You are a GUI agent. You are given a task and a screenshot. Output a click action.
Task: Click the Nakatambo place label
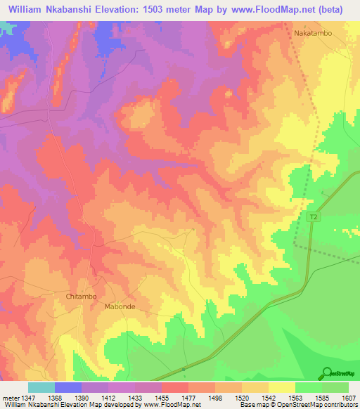[x=312, y=33]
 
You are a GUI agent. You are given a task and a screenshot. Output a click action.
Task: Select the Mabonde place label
[x=119, y=307]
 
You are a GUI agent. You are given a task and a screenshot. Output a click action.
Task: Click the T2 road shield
[x=314, y=219]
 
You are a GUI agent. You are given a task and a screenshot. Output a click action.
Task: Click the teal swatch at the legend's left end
[x=41, y=387]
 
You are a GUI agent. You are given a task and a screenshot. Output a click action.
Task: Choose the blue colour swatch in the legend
[x=68, y=387]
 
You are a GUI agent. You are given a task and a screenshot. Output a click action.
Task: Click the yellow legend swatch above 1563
[x=282, y=387]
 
